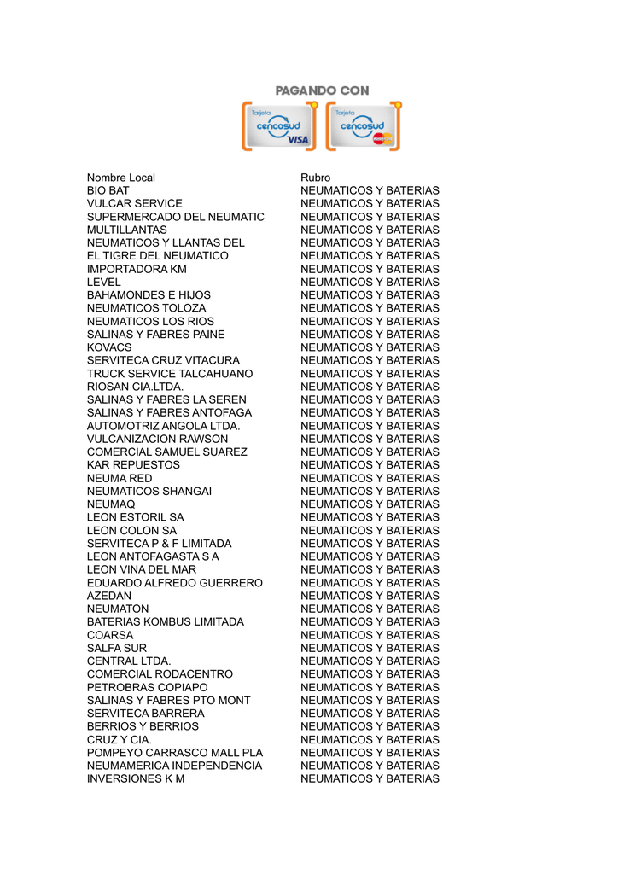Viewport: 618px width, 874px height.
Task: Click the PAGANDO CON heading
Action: tap(322, 90)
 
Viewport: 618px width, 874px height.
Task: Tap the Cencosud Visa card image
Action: tap(279, 126)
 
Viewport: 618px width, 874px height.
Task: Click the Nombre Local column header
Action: tap(121, 178)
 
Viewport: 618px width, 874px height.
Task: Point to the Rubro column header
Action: tap(315, 178)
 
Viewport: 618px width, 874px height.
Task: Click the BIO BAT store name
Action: tap(108, 190)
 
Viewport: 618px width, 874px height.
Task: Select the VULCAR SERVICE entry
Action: tap(135, 204)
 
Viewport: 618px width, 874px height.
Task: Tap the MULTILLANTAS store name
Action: tap(127, 230)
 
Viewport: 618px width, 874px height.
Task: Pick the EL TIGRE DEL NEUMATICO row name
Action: tap(158, 256)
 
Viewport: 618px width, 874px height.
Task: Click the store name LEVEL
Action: tap(104, 283)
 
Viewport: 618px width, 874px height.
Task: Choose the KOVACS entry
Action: tap(109, 347)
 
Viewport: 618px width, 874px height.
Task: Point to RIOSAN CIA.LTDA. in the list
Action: tap(135, 387)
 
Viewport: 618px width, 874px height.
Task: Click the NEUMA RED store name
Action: tap(120, 478)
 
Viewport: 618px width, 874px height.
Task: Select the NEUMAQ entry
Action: tap(111, 504)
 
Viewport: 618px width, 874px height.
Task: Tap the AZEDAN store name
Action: tap(109, 596)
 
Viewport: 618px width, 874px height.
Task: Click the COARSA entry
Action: tap(110, 635)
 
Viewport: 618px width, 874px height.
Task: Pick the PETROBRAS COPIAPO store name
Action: tap(147, 687)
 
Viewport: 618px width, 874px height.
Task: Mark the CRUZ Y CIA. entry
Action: tap(120, 739)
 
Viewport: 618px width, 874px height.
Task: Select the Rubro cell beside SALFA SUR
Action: tap(370, 648)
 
